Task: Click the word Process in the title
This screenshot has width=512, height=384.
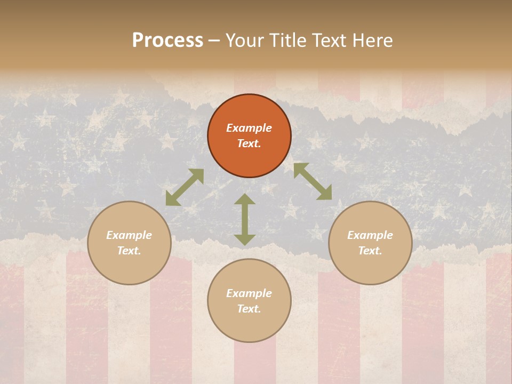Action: (x=167, y=41)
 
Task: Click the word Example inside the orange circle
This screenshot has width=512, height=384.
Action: (x=249, y=128)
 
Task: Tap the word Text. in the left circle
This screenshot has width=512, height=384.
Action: (x=129, y=251)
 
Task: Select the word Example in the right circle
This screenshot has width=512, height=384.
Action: (x=370, y=235)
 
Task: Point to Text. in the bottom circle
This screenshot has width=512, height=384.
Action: (x=249, y=309)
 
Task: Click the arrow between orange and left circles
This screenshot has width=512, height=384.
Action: (x=185, y=187)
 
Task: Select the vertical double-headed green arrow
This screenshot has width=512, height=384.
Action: (x=245, y=219)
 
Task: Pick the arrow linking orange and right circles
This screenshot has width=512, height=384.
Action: (x=313, y=181)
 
